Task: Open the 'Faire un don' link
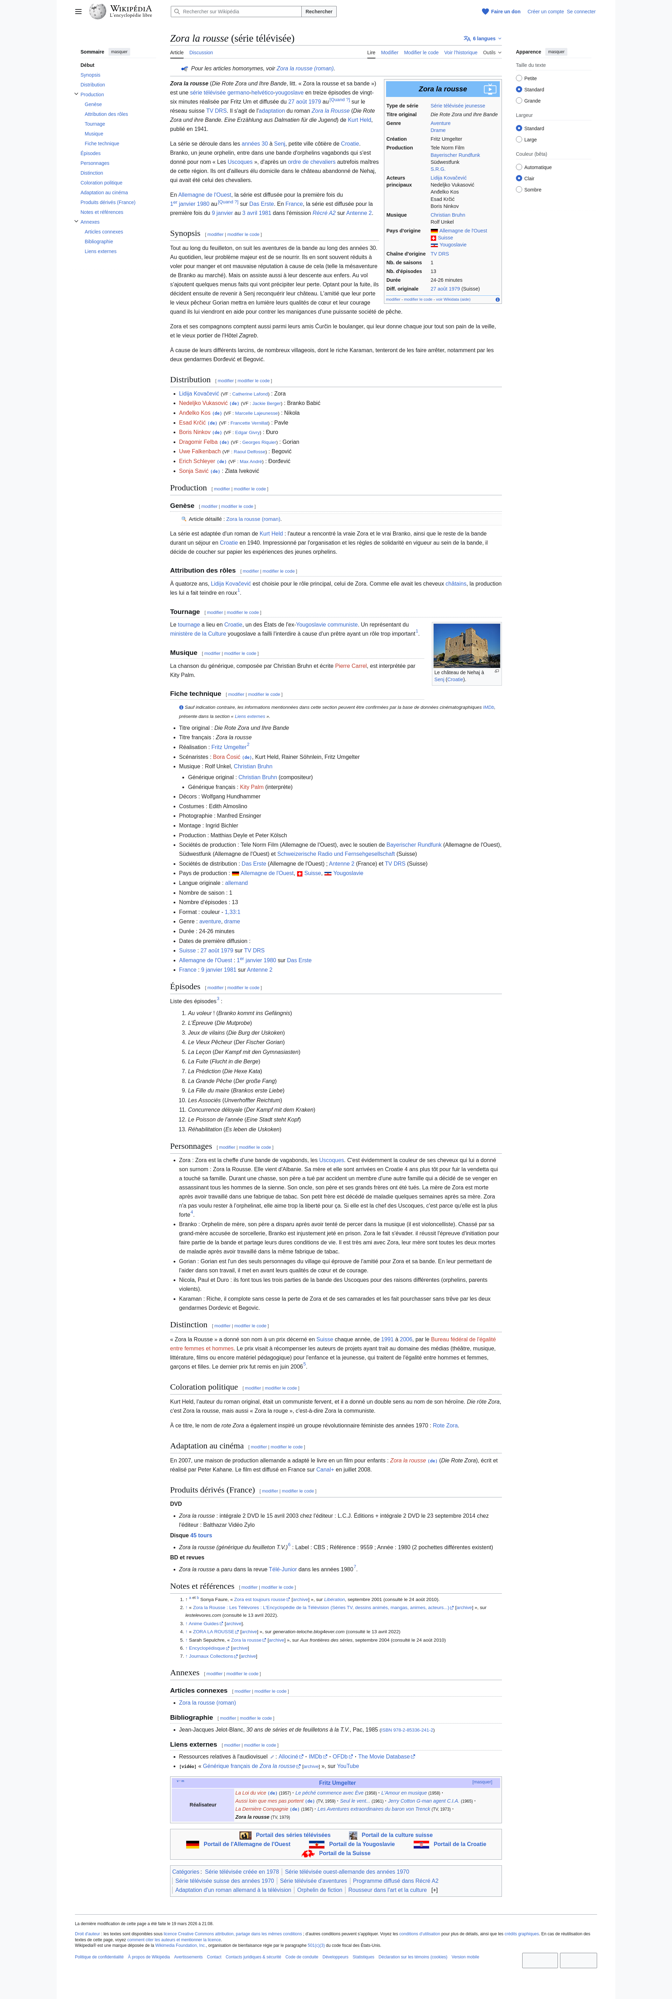point(504,12)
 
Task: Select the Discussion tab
point(201,53)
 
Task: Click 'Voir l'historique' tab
point(460,53)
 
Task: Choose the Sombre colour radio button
point(519,189)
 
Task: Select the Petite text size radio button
point(519,78)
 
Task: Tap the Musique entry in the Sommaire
point(94,133)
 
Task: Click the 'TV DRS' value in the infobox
point(439,254)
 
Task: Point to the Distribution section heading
point(190,379)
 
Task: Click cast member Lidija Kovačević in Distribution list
point(199,393)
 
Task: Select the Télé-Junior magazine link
point(282,1569)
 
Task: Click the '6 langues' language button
point(483,38)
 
